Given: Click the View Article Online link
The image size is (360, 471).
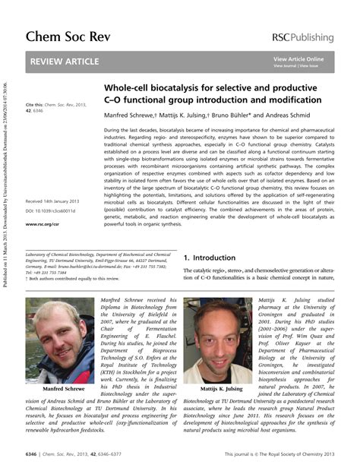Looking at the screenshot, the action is click(298, 58).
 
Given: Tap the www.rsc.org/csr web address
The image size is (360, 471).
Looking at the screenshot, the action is click(43, 225).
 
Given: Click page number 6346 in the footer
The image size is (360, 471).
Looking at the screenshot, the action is click(33, 454).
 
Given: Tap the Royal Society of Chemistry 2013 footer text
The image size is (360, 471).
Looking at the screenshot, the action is click(295, 454).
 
